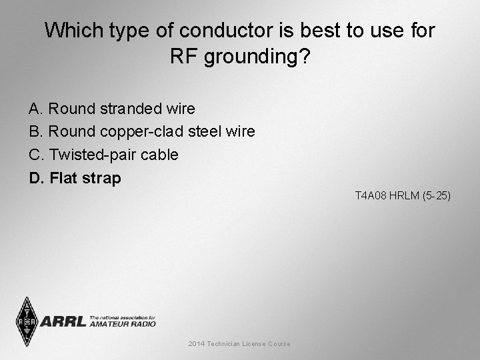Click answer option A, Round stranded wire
[x=112, y=108]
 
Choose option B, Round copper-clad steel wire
[x=142, y=131]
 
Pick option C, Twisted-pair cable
[x=104, y=155]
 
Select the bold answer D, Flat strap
[x=75, y=178]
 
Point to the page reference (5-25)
[x=436, y=196]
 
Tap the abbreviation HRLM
[x=402, y=196]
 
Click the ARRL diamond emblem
[x=27, y=321]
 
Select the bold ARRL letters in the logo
[x=63, y=322]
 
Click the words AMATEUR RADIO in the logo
[x=122, y=323]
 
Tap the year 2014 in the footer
[x=196, y=343]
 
